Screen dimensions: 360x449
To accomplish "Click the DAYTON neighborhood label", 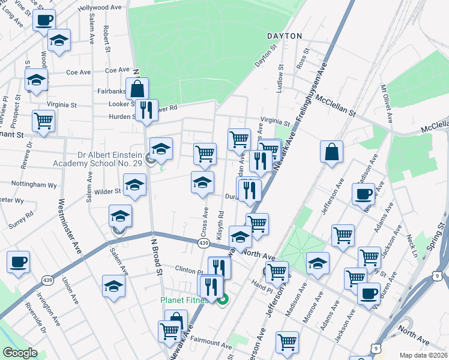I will click(285, 36).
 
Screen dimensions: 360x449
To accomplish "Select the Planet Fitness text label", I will click(187, 300).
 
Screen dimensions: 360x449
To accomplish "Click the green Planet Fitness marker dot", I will click(223, 300).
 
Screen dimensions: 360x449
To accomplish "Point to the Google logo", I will click(20, 353).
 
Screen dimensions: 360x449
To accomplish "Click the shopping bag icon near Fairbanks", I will click(137, 89).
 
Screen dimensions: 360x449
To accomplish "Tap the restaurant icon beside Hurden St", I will click(146, 110).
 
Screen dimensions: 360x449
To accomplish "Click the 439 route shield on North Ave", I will click(203, 243).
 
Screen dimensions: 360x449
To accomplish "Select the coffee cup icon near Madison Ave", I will click(363, 194).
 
